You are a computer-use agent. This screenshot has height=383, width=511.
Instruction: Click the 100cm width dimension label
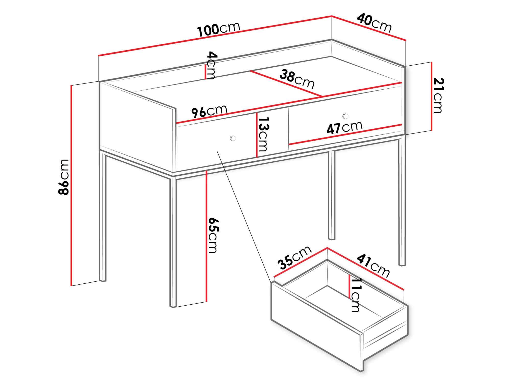(219, 29)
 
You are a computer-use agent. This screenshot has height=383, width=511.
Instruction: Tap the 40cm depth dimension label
(374, 23)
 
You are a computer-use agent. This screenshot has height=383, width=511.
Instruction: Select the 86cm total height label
(64, 177)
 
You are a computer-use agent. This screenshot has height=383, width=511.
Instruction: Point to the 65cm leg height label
(213, 235)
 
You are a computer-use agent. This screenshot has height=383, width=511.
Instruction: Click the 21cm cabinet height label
(439, 95)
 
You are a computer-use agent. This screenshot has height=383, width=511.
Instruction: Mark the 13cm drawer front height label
(264, 134)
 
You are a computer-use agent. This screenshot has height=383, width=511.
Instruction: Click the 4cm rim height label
(212, 65)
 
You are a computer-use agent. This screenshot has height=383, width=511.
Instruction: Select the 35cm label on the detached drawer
(295, 258)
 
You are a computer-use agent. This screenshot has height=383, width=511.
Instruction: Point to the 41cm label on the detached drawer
(373, 265)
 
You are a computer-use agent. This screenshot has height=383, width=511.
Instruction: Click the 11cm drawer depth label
(356, 295)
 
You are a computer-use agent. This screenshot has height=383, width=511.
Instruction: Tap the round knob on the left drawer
(233, 138)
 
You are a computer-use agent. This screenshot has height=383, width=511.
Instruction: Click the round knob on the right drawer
(345, 116)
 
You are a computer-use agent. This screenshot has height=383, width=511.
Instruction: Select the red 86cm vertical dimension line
(72, 185)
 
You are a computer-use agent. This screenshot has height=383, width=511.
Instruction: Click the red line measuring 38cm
(286, 84)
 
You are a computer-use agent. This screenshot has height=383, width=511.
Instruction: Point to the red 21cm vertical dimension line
(432, 96)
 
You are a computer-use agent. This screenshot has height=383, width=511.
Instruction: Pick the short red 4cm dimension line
(205, 72)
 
